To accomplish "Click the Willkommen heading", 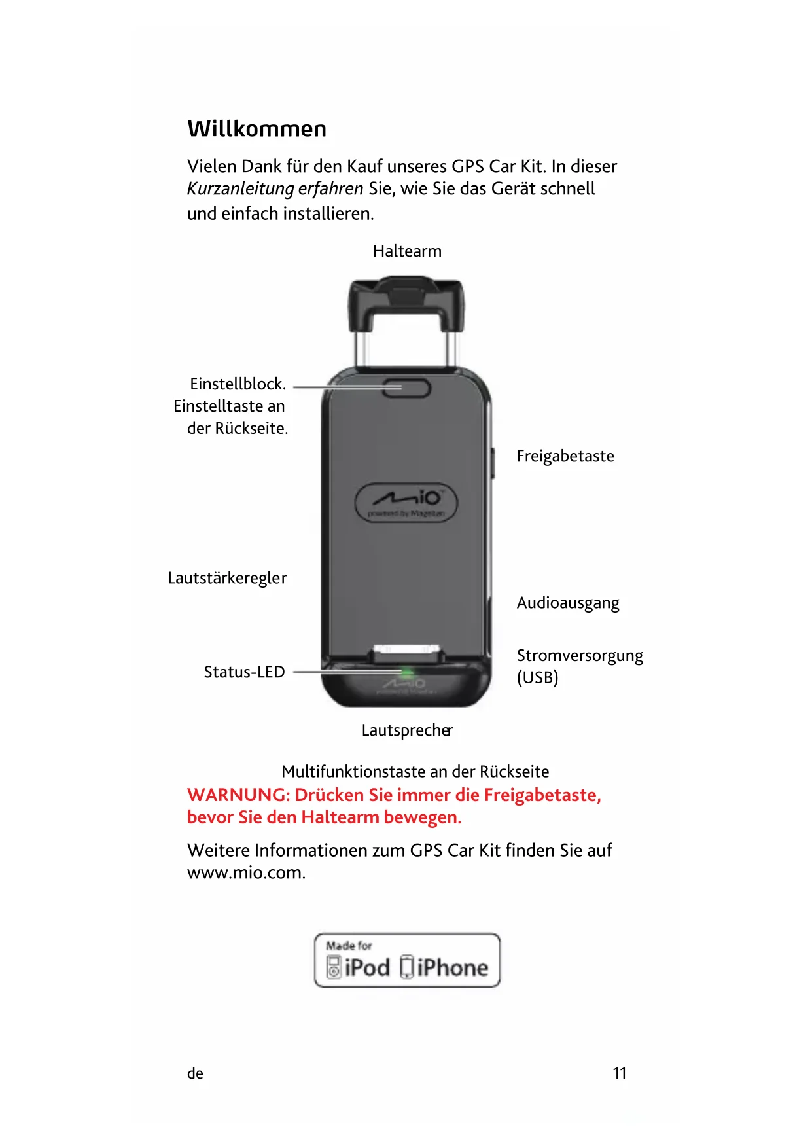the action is click(256, 129).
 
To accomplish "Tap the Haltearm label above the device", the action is click(407, 251).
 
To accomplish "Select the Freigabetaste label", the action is click(565, 456).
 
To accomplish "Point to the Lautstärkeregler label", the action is click(227, 578).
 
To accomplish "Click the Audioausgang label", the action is click(568, 603).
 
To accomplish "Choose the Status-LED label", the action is click(244, 672).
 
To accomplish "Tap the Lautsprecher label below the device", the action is click(407, 730).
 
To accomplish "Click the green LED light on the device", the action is click(407, 672).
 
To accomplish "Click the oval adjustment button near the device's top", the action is click(406, 387).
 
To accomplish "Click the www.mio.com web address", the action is click(246, 873).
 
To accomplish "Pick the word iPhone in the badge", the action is click(452, 967).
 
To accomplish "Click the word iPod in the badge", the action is click(367, 967).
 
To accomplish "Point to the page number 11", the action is click(619, 1073).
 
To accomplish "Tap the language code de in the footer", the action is click(195, 1073).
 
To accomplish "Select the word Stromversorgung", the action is click(580, 656).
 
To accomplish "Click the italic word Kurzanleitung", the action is click(240, 189).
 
